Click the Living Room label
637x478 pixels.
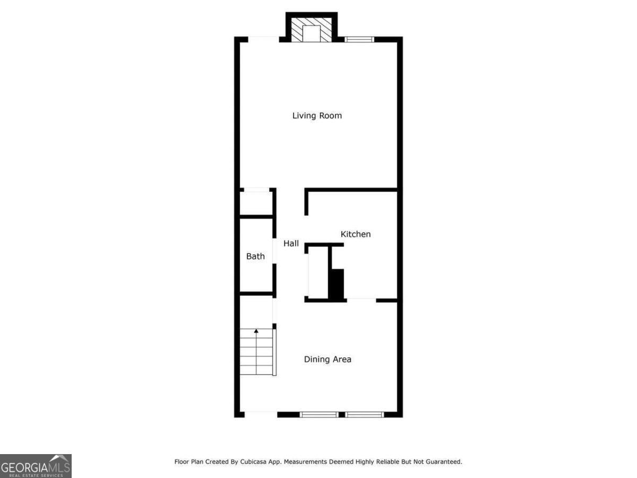[317, 115]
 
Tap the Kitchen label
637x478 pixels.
[356, 234]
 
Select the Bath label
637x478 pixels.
[255, 257]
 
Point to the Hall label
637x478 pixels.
[291, 243]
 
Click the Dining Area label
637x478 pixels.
[328, 360]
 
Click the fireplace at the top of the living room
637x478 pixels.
[312, 32]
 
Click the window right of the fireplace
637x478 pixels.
[359, 39]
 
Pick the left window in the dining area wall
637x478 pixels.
[319, 414]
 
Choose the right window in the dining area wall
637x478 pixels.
[365, 414]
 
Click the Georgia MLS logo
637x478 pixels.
[36, 466]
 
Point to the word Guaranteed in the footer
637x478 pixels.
[444, 462]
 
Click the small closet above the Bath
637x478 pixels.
[256, 203]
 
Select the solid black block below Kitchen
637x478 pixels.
[337, 284]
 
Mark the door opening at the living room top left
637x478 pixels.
[263, 39]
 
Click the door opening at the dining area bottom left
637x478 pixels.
[261, 414]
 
